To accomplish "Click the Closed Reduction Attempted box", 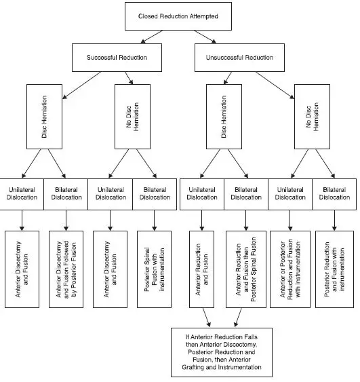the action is [x=178, y=16].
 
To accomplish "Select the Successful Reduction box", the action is [x=117, y=58].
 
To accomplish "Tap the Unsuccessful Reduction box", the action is [x=239, y=58].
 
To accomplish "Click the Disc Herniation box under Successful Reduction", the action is [x=44, y=117].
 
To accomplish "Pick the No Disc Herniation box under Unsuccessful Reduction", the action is [x=312, y=117].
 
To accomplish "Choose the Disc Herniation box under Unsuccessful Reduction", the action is [x=224, y=117].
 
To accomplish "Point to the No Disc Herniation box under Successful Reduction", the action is [x=132, y=117].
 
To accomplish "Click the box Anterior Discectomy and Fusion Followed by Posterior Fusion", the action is [x=66, y=269].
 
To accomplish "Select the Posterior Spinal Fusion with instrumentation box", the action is [x=154, y=269].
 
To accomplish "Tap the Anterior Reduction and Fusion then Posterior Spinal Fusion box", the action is [x=246, y=269].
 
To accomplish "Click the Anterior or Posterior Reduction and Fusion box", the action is [x=290, y=269].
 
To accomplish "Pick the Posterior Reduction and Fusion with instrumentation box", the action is [x=334, y=269].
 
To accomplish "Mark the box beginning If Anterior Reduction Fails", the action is [x=222, y=352].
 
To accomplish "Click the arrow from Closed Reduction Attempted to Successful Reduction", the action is [x=152, y=37].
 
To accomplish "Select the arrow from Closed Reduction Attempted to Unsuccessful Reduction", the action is [x=205, y=37].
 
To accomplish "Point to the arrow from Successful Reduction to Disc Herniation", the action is [x=81, y=85].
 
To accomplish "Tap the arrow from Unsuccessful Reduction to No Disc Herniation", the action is [x=275, y=85].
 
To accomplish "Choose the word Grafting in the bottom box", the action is [x=193, y=367].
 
